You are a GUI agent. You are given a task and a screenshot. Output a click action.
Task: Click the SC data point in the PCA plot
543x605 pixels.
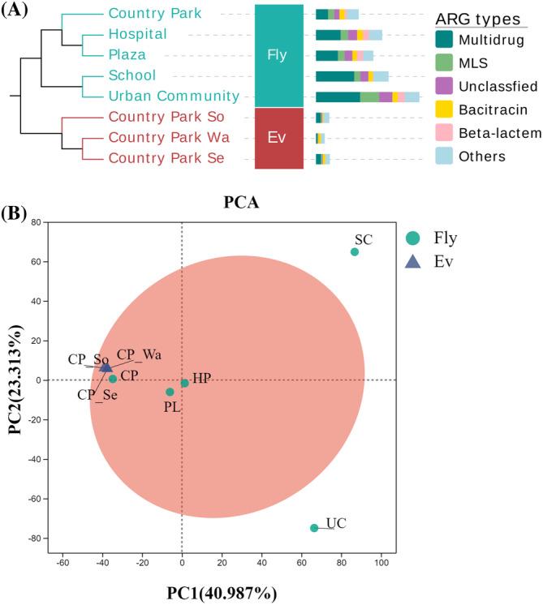click(x=354, y=251)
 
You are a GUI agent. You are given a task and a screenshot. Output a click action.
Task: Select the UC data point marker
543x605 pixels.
click(x=314, y=528)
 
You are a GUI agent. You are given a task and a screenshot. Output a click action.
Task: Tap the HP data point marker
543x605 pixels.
click(x=184, y=383)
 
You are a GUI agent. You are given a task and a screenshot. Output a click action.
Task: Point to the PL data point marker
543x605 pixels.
click(x=170, y=392)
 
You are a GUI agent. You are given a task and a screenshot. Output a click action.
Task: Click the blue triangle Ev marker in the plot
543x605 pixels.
click(x=106, y=367)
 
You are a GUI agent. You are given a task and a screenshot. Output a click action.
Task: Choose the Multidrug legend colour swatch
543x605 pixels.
click(x=443, y=39)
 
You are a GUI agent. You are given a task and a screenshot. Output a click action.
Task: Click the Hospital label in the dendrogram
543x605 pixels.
click(x=137, y=34)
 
